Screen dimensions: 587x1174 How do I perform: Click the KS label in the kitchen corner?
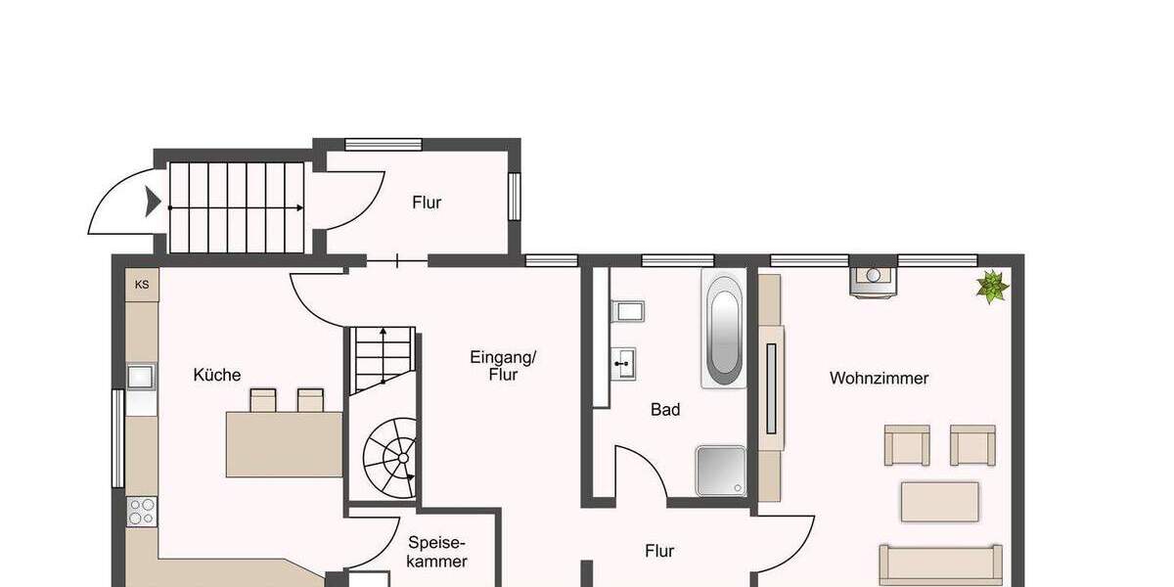142,285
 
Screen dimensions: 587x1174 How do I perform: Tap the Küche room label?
217,375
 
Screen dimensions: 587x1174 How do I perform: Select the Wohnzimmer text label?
879,378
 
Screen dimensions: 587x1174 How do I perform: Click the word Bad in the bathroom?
665,410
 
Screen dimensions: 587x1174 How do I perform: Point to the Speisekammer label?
437,552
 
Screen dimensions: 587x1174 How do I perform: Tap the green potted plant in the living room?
992,287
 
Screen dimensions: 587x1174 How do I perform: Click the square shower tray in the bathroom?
721,471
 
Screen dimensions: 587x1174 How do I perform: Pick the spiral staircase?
390,456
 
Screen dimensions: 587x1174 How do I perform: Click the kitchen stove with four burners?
142,511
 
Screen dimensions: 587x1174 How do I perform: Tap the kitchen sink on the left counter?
141,377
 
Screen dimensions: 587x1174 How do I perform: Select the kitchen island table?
284,443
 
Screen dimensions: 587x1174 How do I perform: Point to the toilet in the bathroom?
627,312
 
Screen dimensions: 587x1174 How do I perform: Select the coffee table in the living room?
939,502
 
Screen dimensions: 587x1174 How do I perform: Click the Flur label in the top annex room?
427,203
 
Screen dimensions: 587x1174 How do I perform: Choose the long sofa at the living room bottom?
940,564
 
